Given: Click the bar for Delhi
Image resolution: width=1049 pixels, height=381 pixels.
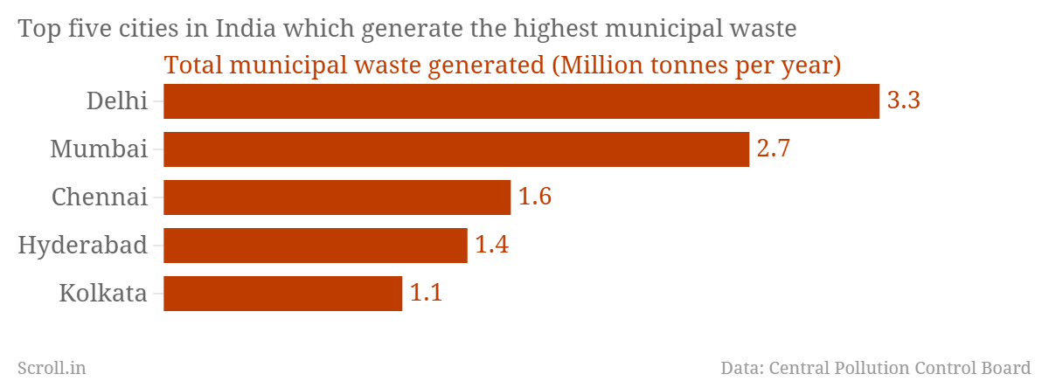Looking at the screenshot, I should tap(521, 101).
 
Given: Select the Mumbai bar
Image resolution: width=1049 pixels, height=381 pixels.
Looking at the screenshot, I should tap(456, 149).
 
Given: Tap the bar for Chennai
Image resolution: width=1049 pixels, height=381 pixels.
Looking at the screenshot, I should tap(337, 197).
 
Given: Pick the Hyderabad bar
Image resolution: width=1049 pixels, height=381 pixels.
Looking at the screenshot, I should tap(315, 246).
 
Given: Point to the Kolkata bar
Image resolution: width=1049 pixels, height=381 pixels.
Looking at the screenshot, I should tap(282, 294).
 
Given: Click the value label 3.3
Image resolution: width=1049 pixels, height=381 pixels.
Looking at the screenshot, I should tap(904, 100).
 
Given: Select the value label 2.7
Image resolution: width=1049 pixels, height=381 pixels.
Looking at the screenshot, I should tap(774, 149).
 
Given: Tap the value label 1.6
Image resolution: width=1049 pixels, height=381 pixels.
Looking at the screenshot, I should tap(535, 197).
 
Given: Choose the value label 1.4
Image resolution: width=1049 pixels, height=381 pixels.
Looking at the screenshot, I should tap(491, 245).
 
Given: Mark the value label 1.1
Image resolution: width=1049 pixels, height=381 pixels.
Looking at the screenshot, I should tap(427, 293).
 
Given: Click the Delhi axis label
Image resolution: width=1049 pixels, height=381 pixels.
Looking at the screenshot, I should tap(116, 100).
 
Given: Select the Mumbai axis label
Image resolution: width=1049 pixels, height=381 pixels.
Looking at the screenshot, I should tap(98, 149).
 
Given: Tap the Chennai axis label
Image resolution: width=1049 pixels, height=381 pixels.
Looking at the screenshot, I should tap(99, 197).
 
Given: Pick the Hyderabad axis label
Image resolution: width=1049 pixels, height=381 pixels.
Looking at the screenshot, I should tap(82, 245).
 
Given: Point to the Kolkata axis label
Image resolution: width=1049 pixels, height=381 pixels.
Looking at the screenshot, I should tap(102, 293).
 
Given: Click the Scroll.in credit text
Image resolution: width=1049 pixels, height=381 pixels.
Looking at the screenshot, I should tap(52, 368).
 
